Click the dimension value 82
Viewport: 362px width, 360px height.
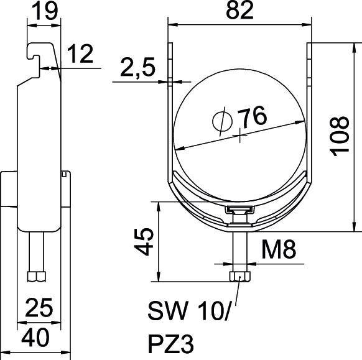[240, 12]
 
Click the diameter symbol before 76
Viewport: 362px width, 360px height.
[221, 120]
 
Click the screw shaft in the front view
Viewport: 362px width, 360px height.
[238, 249]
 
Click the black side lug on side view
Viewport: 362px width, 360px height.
[9, 190]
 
